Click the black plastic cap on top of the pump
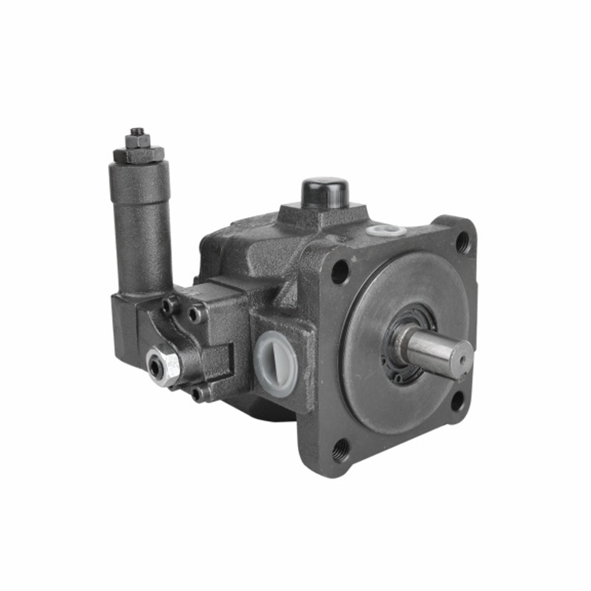(x=325, y=192)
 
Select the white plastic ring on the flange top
(x=386, y=230)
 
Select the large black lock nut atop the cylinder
(x=138, y=154)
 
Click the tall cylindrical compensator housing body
(x=140, y=229)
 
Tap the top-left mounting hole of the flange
(x=340, y=272)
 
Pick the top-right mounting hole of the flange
(x=463, y=241)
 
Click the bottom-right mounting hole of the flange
(x=458, y=401)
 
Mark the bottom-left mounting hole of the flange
(x=341, y=448)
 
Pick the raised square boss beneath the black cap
(x=323, y=216)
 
